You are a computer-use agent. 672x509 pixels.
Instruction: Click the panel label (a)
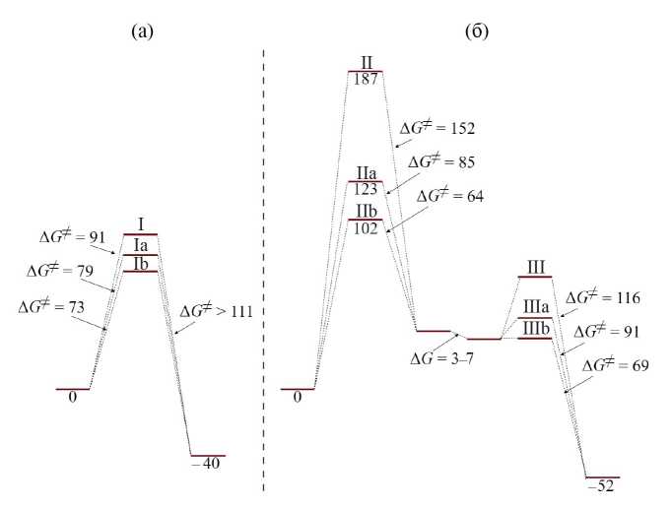pyautogui.click(x=142, y=32)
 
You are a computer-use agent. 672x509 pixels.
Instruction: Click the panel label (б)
pyautogui.click(x=477, y=32)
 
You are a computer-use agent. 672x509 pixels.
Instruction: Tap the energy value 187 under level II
pyautogui.click(x=366, y=79)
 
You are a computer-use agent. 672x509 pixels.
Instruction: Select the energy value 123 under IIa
pyautogui.click(x=366, y=189)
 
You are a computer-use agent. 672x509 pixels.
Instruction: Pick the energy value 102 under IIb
pyautogui.click(x=366, y=228)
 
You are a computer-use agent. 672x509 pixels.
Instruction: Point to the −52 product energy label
pyautogui.click(x=602, y=486)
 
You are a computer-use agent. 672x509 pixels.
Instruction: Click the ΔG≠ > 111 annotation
pyautogui.click(x=216, y=311)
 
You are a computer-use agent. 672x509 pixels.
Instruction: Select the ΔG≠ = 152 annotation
pyautogui.click(x=437, y=128)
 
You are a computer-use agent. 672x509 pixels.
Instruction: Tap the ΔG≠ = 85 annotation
pyautogui.click(x=441, y=162)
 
